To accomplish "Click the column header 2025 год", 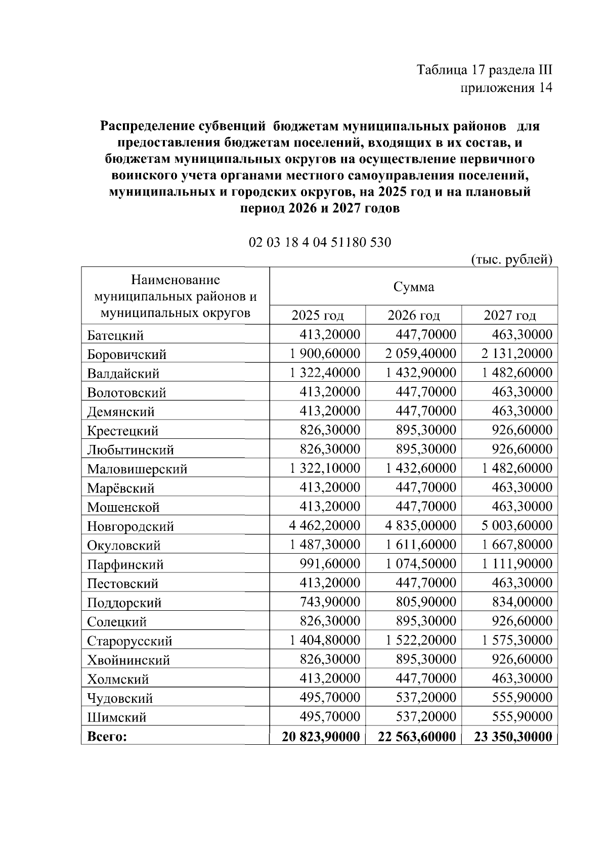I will pos(317,315).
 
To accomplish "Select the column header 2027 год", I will pos(509,315).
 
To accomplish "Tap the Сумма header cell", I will pos(413,287).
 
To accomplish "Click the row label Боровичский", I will pos(126,354).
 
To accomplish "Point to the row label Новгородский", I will pos(131,526).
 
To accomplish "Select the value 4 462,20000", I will pos(325,525).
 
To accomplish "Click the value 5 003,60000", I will pos(516,525).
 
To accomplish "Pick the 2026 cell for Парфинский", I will pos(421,564).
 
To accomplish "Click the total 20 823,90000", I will pos(321,737).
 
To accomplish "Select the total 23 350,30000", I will pos(513,737).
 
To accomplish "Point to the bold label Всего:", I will pos(107,737).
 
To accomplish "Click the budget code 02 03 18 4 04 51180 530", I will pos(320,242).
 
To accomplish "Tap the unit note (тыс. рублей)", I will pos(511,259).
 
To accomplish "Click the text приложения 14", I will pos(505,88).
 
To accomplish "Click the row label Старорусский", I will pos(129,641).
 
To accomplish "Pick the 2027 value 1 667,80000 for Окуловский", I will pos(516,545).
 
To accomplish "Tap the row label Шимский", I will pos(116,717).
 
